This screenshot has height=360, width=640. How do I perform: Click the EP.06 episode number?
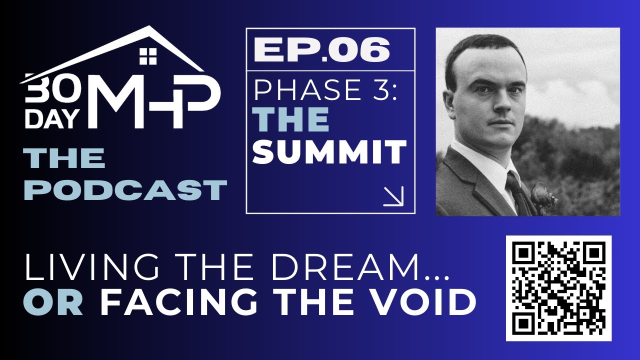(321, 50)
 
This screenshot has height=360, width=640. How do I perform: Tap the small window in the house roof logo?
(148, 56)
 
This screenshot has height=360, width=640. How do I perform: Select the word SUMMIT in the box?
(329, 152)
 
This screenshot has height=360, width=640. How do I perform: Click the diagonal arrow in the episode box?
(393, 196)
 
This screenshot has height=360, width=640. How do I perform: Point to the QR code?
(559, 287)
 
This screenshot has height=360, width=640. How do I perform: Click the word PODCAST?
(125, 190)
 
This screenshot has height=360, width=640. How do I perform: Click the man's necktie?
(518, 192)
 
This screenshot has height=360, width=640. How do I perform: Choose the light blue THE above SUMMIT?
(291, 120)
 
